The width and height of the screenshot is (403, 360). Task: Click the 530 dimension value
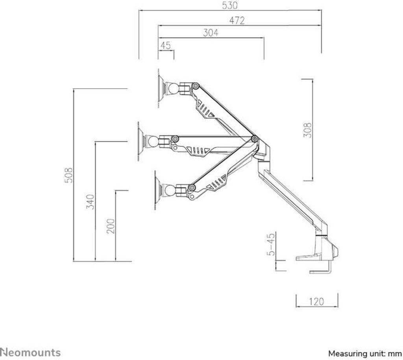click(230, 6)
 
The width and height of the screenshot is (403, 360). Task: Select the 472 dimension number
click(237, 20)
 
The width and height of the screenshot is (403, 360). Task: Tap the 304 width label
click(211, 33)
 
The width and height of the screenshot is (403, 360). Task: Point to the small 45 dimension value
click(166, 46)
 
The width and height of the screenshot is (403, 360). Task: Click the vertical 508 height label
click(68, 175)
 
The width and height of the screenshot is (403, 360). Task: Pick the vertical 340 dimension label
click(90, 202)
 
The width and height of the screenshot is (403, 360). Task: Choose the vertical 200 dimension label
click(111, 226)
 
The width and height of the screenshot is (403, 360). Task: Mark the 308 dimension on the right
click(307, 130)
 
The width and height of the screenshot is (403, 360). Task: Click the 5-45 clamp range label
click(271, 244)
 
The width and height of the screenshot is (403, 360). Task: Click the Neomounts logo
click(30, 352)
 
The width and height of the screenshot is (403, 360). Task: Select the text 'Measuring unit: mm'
click(365, 354)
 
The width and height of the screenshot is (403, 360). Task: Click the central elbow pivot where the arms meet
click(255, 139)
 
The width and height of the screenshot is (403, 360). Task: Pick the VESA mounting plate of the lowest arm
click(159, 191)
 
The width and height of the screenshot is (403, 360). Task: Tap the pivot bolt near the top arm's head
click(196, 86)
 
